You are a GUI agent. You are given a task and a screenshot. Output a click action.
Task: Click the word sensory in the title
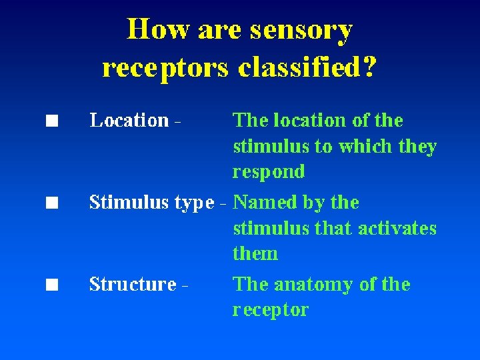coord(301,31)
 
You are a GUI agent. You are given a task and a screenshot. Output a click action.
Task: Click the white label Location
coord(129,121)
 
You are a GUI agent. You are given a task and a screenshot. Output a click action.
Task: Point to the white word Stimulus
coord(129,202)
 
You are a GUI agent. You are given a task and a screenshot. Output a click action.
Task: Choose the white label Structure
coord(133,285)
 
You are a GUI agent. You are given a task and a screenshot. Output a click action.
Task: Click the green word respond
coord(269,172)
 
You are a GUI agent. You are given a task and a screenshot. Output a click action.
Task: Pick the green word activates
coord(397,229)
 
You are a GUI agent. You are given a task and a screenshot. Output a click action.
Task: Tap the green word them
coord(255,254)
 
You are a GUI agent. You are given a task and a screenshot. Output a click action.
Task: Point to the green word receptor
coord(271,310)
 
